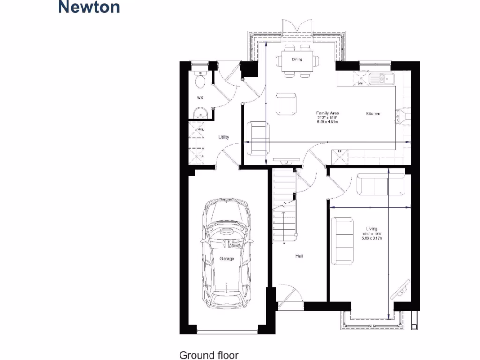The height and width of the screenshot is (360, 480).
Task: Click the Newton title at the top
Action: (89, 7)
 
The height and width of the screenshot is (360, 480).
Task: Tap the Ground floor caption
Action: (209, 355)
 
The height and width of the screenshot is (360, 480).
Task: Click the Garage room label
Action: (227, 259)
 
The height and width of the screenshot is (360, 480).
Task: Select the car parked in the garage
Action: (227, 253)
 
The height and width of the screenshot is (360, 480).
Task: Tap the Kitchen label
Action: (373, 113)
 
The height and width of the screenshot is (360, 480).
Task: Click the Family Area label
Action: (327, 113)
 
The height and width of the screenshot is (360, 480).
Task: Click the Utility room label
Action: (224, 137)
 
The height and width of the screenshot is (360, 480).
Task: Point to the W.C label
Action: (200, 98)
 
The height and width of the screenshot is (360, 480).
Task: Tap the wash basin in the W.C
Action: (200, 112)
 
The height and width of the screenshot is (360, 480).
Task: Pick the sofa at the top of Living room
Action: (381, 184)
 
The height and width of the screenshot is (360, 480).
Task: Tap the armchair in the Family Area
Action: (286, 104)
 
